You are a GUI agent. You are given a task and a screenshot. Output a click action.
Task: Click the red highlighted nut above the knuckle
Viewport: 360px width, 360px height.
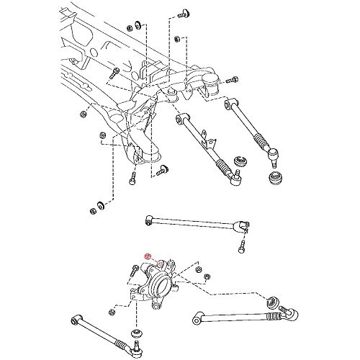click(x=147, y=257)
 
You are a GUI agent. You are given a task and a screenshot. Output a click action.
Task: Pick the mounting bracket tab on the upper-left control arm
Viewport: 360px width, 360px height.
click(x=206, y=135)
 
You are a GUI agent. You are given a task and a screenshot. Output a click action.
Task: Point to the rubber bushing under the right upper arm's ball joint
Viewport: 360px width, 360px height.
click(x=274, y=179)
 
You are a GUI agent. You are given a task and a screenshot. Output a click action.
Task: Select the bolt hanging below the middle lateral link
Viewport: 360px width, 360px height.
click(x=241, y=247)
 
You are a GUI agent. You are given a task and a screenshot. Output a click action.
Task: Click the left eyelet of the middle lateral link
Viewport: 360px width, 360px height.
click(x=148, y=217)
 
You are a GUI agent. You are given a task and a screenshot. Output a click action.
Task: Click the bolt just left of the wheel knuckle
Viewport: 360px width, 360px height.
click(x=135, y=272)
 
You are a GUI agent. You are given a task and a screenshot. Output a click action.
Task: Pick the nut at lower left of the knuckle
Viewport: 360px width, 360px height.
click(x=111, y=312)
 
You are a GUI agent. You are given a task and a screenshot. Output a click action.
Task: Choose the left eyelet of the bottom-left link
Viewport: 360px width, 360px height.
click(x=76, y=318)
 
